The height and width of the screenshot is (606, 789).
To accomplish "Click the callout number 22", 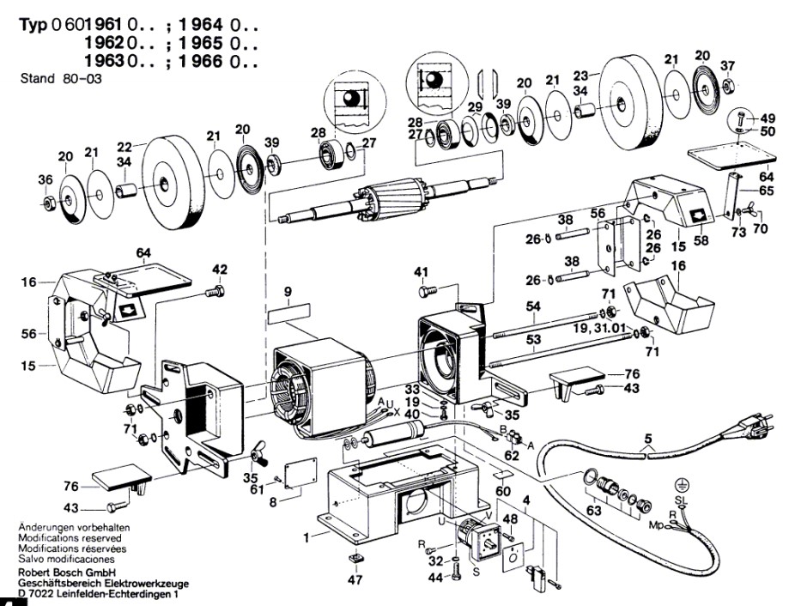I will (x=124, y=146).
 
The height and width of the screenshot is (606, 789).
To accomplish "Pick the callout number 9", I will (x=288, y=291).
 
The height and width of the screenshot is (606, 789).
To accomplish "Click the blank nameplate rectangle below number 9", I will (x=288, y=314).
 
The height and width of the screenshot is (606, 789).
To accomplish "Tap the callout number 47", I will (x=355, y=580).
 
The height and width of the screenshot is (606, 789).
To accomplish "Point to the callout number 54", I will (x=533, y=307).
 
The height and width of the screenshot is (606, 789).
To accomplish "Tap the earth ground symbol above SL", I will (x=680, y=483).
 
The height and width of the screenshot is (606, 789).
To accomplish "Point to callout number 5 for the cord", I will (x=647, y=443).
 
